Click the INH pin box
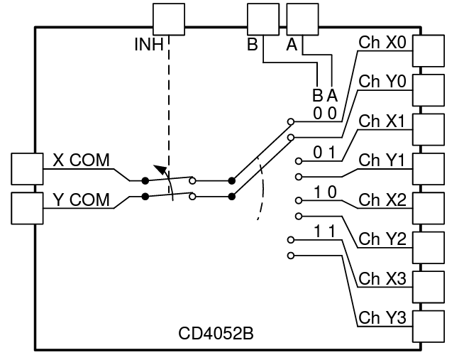(x=169, y=19)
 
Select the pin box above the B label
(x=263, y=19)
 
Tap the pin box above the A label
(x=303, y=19)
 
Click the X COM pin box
(x=27, y=169)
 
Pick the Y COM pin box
(x=27, y=209)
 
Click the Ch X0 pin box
(x=429, y=51)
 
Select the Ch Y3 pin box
(x=429, y=327)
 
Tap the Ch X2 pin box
(x=429, y=209)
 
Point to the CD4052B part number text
(x=216, y=333)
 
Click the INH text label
(x=149, y=45)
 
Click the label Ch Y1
(x=382, y=160)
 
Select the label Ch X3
(x=382, y=278)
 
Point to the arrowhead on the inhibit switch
(x=160, y=170)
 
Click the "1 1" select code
(x=325, y=231)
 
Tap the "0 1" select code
(x=325, y=153)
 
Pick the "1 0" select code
(x=325, y=192)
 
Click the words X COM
(x=81, y=160)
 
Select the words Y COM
(x=81, y=200)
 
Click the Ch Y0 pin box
(x=429, y=90)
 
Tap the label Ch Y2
(x=382, y=239)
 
